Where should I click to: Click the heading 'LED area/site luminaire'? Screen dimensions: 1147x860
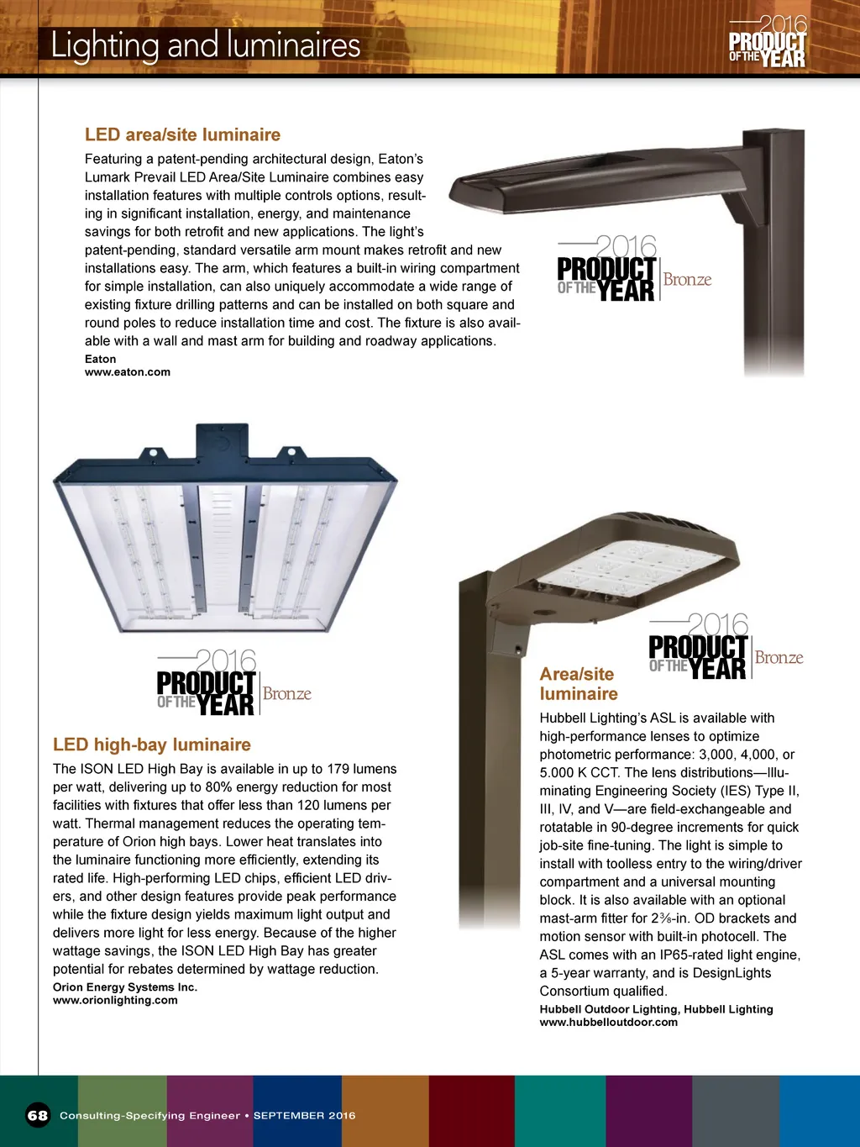pyautogui.click(x=182, y=134)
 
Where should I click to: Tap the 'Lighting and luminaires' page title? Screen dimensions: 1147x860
pyautogui.click(x=206, y=45)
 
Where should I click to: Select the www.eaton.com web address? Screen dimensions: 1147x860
pyautogui.click(x=128, y=372)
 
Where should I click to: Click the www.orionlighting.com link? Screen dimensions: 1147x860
pyautogui.click(x=115, y=1000)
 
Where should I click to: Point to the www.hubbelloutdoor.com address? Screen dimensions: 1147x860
pyautogui.click(x=608, y=1022)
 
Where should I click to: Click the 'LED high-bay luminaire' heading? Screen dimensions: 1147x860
pyautogui.click(x=152, y=744)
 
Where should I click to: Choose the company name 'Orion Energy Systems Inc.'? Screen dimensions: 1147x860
pyautogui.click(x=125, y=987)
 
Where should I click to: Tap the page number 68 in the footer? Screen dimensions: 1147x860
pyautogui.click(x=38, y=1115)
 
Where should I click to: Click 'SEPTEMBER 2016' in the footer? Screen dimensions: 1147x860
pyautogui.click(x=304, y=1116)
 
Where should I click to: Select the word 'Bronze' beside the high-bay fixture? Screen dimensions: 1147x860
pyautogui.click(x=286, y=694)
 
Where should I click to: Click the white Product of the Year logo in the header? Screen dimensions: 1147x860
pyautogui.click(x=768, y=42)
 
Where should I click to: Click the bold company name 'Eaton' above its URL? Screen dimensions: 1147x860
pyautogui.click(x=101, y=359)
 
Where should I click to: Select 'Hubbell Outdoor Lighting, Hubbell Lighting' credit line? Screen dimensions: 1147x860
pyautogui.click(x=656, y=1009)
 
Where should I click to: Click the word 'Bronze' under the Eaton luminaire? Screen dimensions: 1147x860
pyautogui.click(x=687, y=280)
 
